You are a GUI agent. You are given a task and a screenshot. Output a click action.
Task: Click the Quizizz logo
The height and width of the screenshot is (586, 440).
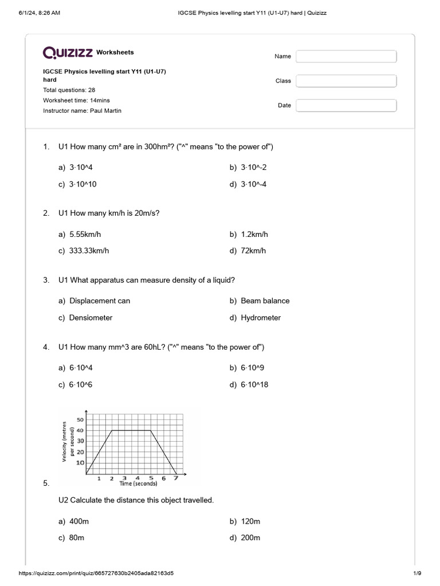pyautogui.click(x=68, y=53)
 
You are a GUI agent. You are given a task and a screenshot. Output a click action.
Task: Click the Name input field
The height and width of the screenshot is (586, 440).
pyautogui.click(x=346, y=56)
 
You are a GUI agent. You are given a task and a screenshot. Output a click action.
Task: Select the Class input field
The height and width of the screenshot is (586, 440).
pyautogui.click(x=346, y=81)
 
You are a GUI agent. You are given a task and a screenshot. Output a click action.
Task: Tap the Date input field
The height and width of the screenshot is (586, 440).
pyautogui.click(x=346, y=105)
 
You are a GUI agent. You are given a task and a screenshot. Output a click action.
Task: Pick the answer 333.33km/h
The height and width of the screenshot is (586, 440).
pyautogui.click(x=89, y=251)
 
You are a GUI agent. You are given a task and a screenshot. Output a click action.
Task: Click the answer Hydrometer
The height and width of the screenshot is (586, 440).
pyautogui.click(x=261, y=318)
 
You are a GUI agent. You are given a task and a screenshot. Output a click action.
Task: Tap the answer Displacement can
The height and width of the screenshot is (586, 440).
pyautogui.click(x=100, y=300)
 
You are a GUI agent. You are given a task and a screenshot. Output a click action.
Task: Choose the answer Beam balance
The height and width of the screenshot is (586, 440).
pyautogui.click(x=265, y=300)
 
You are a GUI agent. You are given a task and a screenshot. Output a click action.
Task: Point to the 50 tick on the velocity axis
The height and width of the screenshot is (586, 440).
pyautogui.click(x=80, y=420)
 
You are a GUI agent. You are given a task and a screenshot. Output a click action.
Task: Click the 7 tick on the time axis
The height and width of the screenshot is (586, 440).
pyautogui.click(x=175, y=478)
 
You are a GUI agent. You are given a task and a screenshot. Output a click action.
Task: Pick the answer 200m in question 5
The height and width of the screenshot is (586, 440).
pyautogui.click(x=250, y=538)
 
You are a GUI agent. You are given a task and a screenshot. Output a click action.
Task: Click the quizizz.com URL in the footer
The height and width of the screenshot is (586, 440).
pyautogui.click(x=96, y=573)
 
